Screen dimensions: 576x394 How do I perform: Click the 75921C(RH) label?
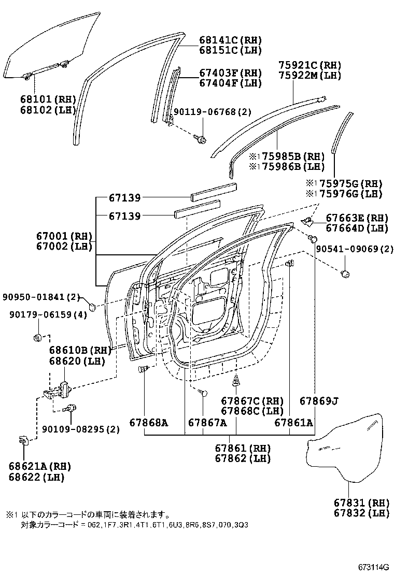point(310,65)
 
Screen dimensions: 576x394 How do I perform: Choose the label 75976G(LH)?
point(347,194)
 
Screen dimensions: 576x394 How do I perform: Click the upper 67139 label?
point(124,197)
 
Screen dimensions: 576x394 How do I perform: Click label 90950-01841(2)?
point(40,297)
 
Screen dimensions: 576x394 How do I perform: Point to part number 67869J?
point(319,400)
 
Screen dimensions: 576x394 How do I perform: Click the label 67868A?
point(149,423)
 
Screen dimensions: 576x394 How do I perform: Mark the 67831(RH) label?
point(357,502)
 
